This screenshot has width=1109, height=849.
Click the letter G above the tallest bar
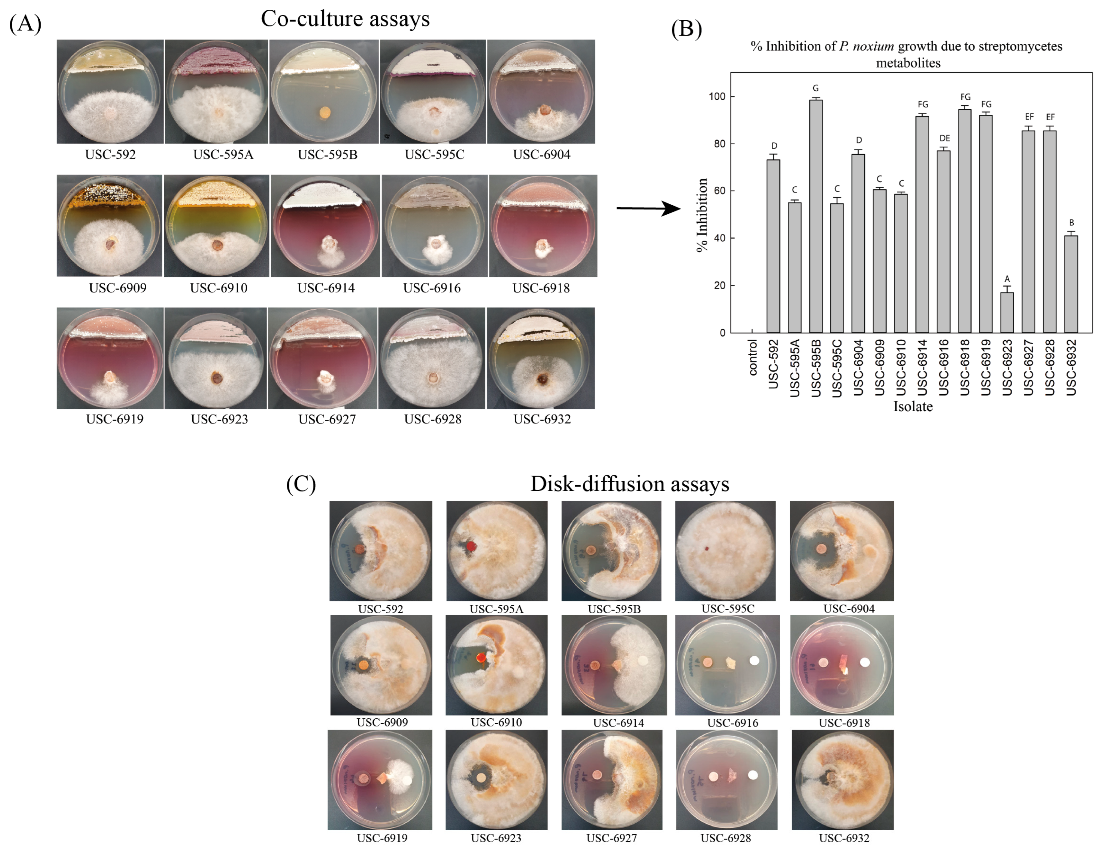point(816,88)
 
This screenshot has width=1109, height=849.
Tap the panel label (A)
point(25,23)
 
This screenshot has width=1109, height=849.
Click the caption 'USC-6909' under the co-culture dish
point(118,288)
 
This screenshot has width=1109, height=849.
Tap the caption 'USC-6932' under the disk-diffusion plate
point(844,838)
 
